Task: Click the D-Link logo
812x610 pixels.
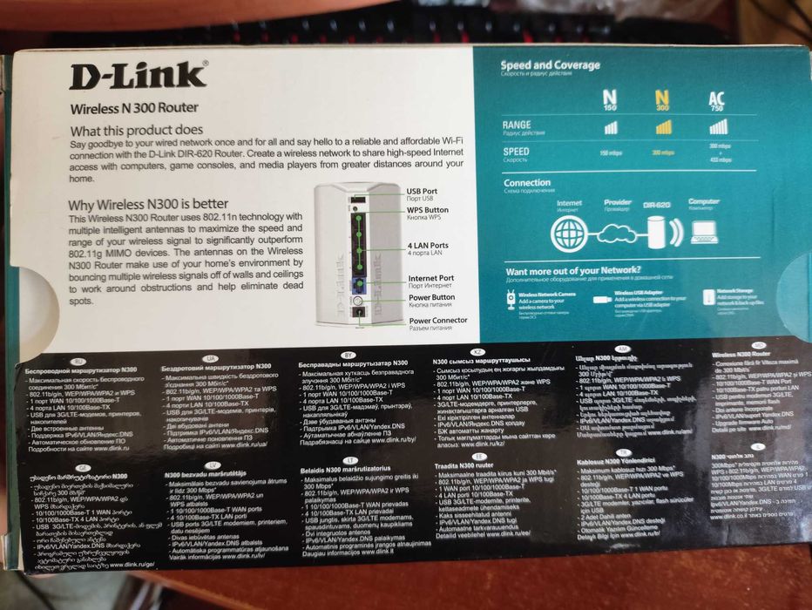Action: pyautogui.click(x=139, y=76)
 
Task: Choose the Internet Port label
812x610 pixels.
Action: pyautogui.click(x=432, y=279)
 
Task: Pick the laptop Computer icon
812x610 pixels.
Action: pyautogui.click(x=703, y=231)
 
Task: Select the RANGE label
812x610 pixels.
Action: pyautogui.click(x=516, y=125)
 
